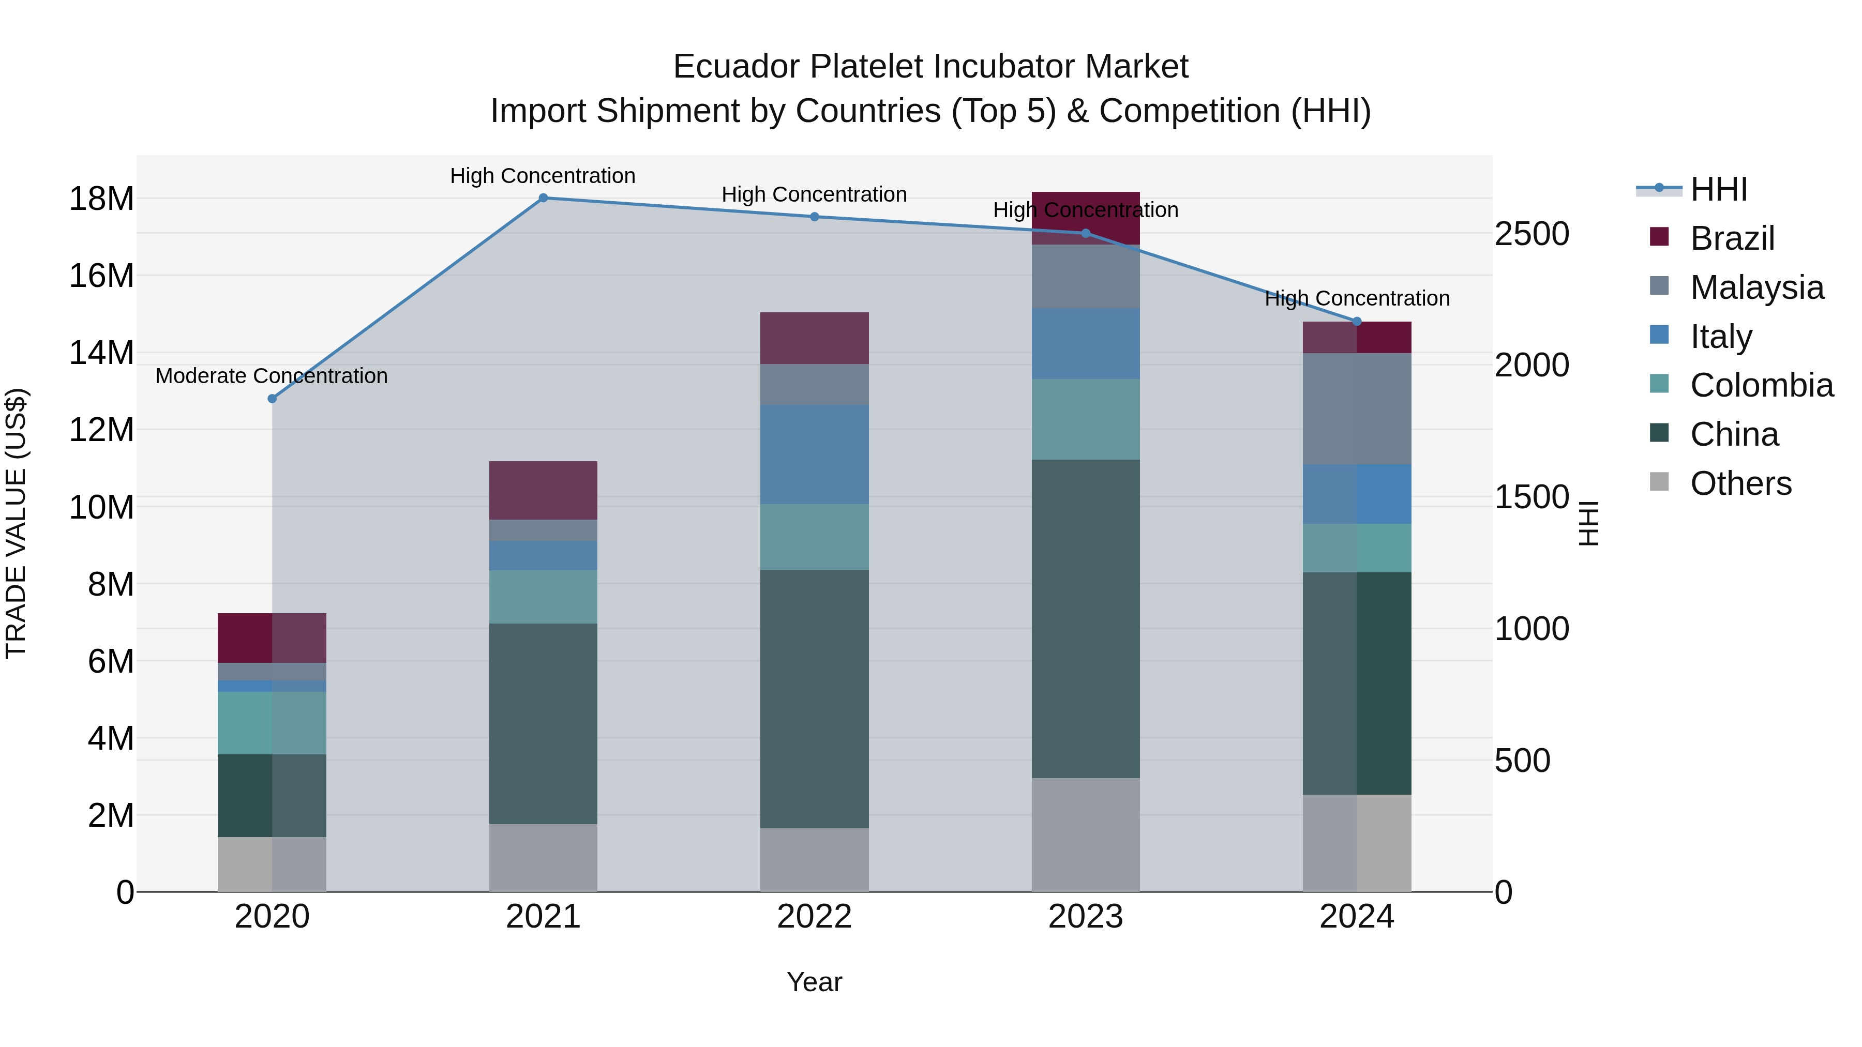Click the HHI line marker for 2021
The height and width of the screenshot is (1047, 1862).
[543, 198]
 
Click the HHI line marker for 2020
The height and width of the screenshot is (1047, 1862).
[272, 399]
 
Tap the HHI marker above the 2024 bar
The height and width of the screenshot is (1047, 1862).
[1357, 322]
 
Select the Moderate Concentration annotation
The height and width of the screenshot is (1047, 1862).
[271, 376]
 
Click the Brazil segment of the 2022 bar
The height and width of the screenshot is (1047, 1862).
[814, 338]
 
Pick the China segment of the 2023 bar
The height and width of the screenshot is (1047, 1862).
[1085, 618]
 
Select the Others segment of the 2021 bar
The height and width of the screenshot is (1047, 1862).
[543, 858]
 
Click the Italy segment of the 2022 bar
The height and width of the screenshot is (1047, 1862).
[814, 454]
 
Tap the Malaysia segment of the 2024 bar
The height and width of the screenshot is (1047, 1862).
[1357, 409]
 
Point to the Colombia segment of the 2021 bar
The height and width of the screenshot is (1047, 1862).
[543, 597]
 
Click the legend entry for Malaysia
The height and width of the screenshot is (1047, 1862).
[1756, 287]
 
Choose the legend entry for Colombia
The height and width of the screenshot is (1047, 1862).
[1761, 386]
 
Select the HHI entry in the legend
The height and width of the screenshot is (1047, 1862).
[1718, 189]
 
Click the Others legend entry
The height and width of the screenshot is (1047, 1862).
[1740, 483]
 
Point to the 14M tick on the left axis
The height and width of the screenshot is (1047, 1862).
[101, 353]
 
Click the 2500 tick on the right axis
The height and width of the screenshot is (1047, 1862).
[1531, 234]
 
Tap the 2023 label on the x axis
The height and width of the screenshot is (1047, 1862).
[1085, 917]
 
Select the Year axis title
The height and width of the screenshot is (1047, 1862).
[814, 982]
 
